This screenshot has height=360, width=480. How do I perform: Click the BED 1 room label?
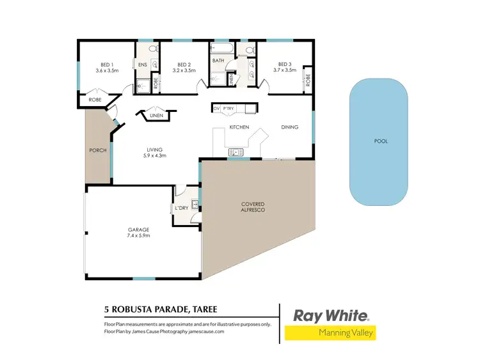pyautogui.click(x=107, y=64)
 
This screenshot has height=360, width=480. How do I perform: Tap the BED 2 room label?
pyautogui.click(x=185, y=64)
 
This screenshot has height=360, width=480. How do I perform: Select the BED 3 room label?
pyautogui.click(x=285, y=64)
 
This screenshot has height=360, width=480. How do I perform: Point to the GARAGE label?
pyautogui.click(x=138, y=229)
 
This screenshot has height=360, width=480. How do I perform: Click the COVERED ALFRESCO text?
pyautogui.click(x=252, y=207)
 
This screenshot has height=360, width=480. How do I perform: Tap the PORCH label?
pyautogui.click(x=97, y=150)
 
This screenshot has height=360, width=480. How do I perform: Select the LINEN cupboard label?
pyautogui.click(x=156, y=116)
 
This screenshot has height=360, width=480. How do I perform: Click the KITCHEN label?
pyautogui.click(x=239, y=127)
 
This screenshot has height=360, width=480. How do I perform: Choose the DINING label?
pyautogui.click(x=290, y=127)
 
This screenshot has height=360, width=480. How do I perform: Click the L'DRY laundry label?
pyautogui.click(x=180, y=208)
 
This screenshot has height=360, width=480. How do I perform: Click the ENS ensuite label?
pyautogui.click(x=142, y=65)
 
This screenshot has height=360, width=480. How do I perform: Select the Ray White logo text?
pyautogui.click(x=331, y=315)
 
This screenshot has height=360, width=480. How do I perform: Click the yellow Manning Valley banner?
pyautogui.click(x=330, y=333)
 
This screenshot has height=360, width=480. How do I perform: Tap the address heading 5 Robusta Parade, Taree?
pyautogui.click(x=160, y=309)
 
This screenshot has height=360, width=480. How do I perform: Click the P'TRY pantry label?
pyautogui.click(x=228, y=108)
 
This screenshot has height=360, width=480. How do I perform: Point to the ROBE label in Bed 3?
pyautogui.click(x=308, y=80)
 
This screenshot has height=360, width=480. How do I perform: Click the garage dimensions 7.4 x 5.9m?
pyautogui.click(x=138, y=235)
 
